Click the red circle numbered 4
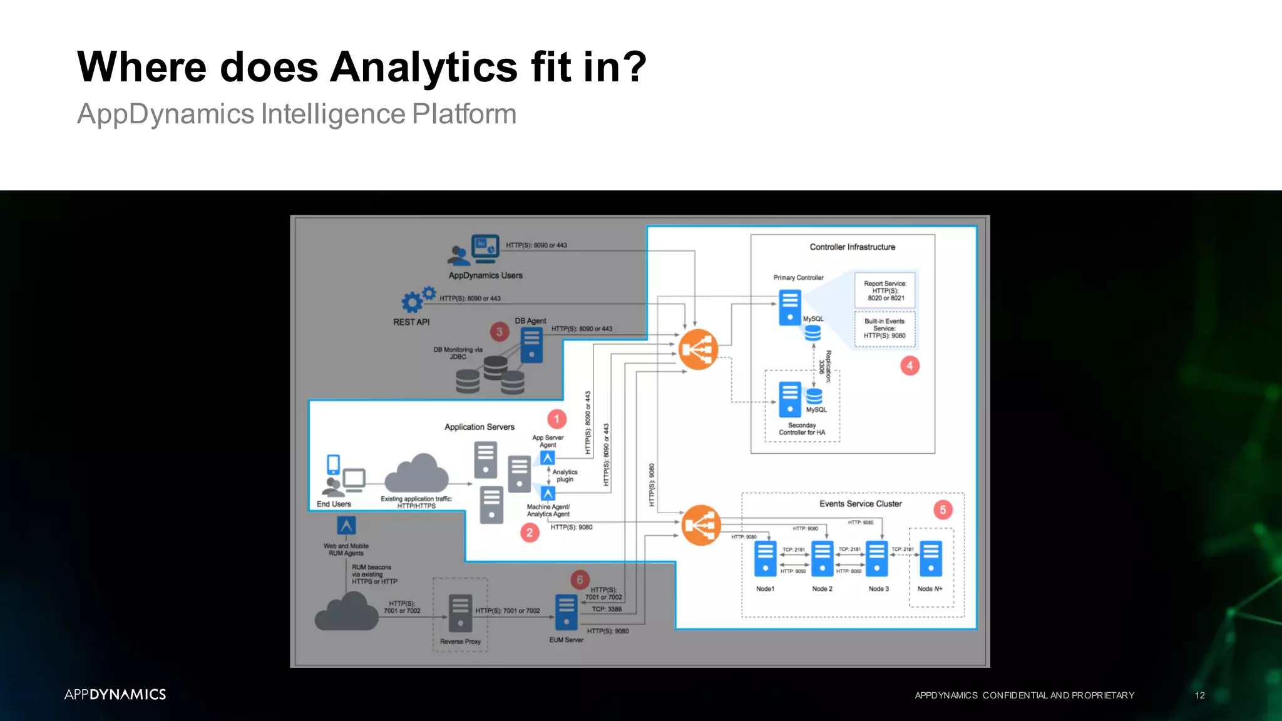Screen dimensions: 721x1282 click(x=910, y=366)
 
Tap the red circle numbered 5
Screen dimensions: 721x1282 click(x=943, y=509)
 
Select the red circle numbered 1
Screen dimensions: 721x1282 click(x=556, y=419)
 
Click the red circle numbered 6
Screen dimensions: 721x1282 click(x=580, y=580)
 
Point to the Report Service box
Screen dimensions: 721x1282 click(x=885, y=290)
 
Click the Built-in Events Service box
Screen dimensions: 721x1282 click(x=885, y=329)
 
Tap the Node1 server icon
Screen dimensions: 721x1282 click(x=765, y=558)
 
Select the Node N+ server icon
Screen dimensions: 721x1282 click(x=931, y=558)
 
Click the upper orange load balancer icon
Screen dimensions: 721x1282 click(x=698, y=349)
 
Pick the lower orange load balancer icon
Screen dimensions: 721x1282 click(x=700, y=525)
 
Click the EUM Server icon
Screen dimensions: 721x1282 click(x=567, y=611)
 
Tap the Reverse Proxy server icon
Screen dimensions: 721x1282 click(x=460, y=613)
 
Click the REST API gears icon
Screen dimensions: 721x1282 click(x=418, y=300)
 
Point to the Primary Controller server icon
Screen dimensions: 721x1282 click(x=789, y=307)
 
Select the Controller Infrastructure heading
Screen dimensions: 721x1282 click(x=852, y=247)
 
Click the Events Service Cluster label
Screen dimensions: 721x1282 click(x=860, y=504)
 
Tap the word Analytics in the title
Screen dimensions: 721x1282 click(x=424, y=67)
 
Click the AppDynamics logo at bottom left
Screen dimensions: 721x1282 click(x=115, y=694)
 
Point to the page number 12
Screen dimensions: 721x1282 click(x=1199, y=695)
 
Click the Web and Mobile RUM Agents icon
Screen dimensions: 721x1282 click(x=346, y=525)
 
